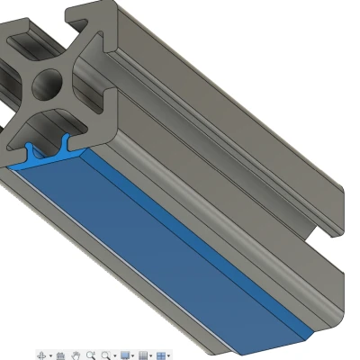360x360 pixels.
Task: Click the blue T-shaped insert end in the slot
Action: tap(49, 153)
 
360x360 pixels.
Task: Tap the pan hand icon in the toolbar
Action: tap(76, 355)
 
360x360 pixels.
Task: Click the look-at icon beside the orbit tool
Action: tap(60, 355)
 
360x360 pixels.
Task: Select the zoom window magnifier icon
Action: tap(91, 355)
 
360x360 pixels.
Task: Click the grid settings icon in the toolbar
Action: tap(143, 355)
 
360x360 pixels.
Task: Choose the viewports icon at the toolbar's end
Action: tap(162, 355)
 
